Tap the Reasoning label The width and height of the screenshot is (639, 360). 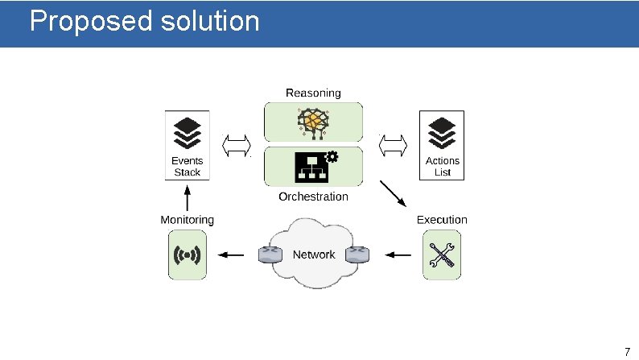313,93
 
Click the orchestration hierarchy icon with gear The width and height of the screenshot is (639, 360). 314,165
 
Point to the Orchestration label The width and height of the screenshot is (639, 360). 313,197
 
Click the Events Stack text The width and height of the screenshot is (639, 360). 188,167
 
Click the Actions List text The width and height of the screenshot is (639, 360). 442,167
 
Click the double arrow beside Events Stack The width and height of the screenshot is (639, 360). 237,145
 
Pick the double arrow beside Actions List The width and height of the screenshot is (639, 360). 393,145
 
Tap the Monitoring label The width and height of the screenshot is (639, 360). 188,220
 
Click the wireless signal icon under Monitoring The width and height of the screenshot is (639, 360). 188,255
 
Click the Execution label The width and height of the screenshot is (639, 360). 441,220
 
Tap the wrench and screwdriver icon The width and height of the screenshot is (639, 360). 442,255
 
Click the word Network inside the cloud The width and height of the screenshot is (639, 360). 313,254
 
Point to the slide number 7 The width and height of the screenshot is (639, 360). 627,351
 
